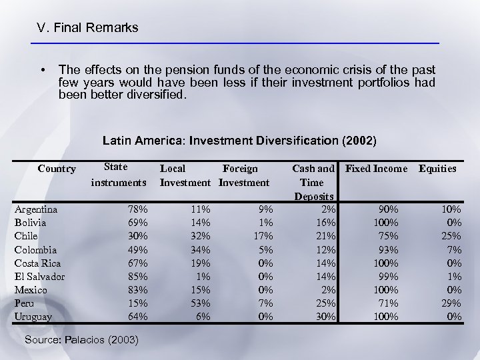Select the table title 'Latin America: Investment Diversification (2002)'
[x=239, y=141]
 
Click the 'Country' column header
[x=57, y=169]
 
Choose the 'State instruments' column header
[x=118, y=175]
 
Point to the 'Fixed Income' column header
[x=375, y=169]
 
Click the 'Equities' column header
[x=437, y=169]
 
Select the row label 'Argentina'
[x=36, y=209]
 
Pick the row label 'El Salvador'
[x=40, y=276]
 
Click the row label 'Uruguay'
[x=33, y=317]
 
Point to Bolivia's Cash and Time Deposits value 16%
[x=325, y=223]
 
